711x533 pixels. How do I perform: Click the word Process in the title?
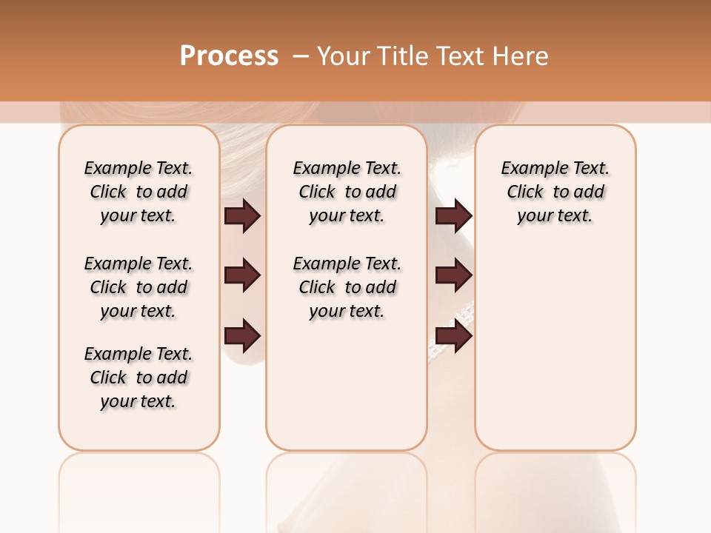229,56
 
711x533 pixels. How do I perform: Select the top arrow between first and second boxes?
242,215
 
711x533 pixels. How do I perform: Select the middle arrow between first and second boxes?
242,275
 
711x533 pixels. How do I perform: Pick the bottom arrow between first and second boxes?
242,336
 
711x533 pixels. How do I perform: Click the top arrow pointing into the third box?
453,215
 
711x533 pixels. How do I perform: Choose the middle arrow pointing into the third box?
453,275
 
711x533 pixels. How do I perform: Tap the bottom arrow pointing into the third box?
453,336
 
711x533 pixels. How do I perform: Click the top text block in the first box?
138,192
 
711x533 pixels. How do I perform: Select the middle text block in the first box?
138,287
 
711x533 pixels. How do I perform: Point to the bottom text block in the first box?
138,378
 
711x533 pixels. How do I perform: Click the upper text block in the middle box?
347,192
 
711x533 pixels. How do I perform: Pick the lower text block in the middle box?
347,287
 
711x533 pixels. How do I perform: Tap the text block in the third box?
555,192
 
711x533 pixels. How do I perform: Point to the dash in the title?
300,56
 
